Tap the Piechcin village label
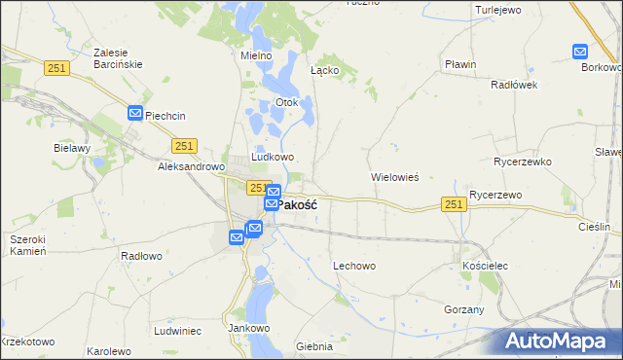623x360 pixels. point(165,116)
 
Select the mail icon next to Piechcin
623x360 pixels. point(135,114)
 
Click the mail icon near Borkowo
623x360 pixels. point(581,52)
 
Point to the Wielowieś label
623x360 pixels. point(394,178)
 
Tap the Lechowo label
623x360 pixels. point(354,265)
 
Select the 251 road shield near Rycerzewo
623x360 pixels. point(453,203)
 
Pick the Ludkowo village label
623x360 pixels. point(273,157)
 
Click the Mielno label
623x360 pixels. point(256,55)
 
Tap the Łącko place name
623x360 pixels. point(324,70)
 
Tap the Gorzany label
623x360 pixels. point(463,308)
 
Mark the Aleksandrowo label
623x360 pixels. point(191,166)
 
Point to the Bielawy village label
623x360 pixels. point(72,148)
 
